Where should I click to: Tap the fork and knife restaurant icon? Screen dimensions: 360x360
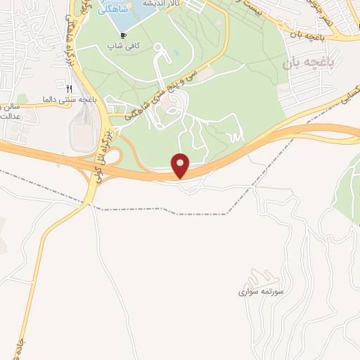point(70,89)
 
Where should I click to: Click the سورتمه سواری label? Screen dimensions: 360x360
point(261,290)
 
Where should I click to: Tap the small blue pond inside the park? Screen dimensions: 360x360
point(176,52)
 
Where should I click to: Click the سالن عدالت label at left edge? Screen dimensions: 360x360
point(8,110)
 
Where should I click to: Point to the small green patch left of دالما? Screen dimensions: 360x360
point(23,99)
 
